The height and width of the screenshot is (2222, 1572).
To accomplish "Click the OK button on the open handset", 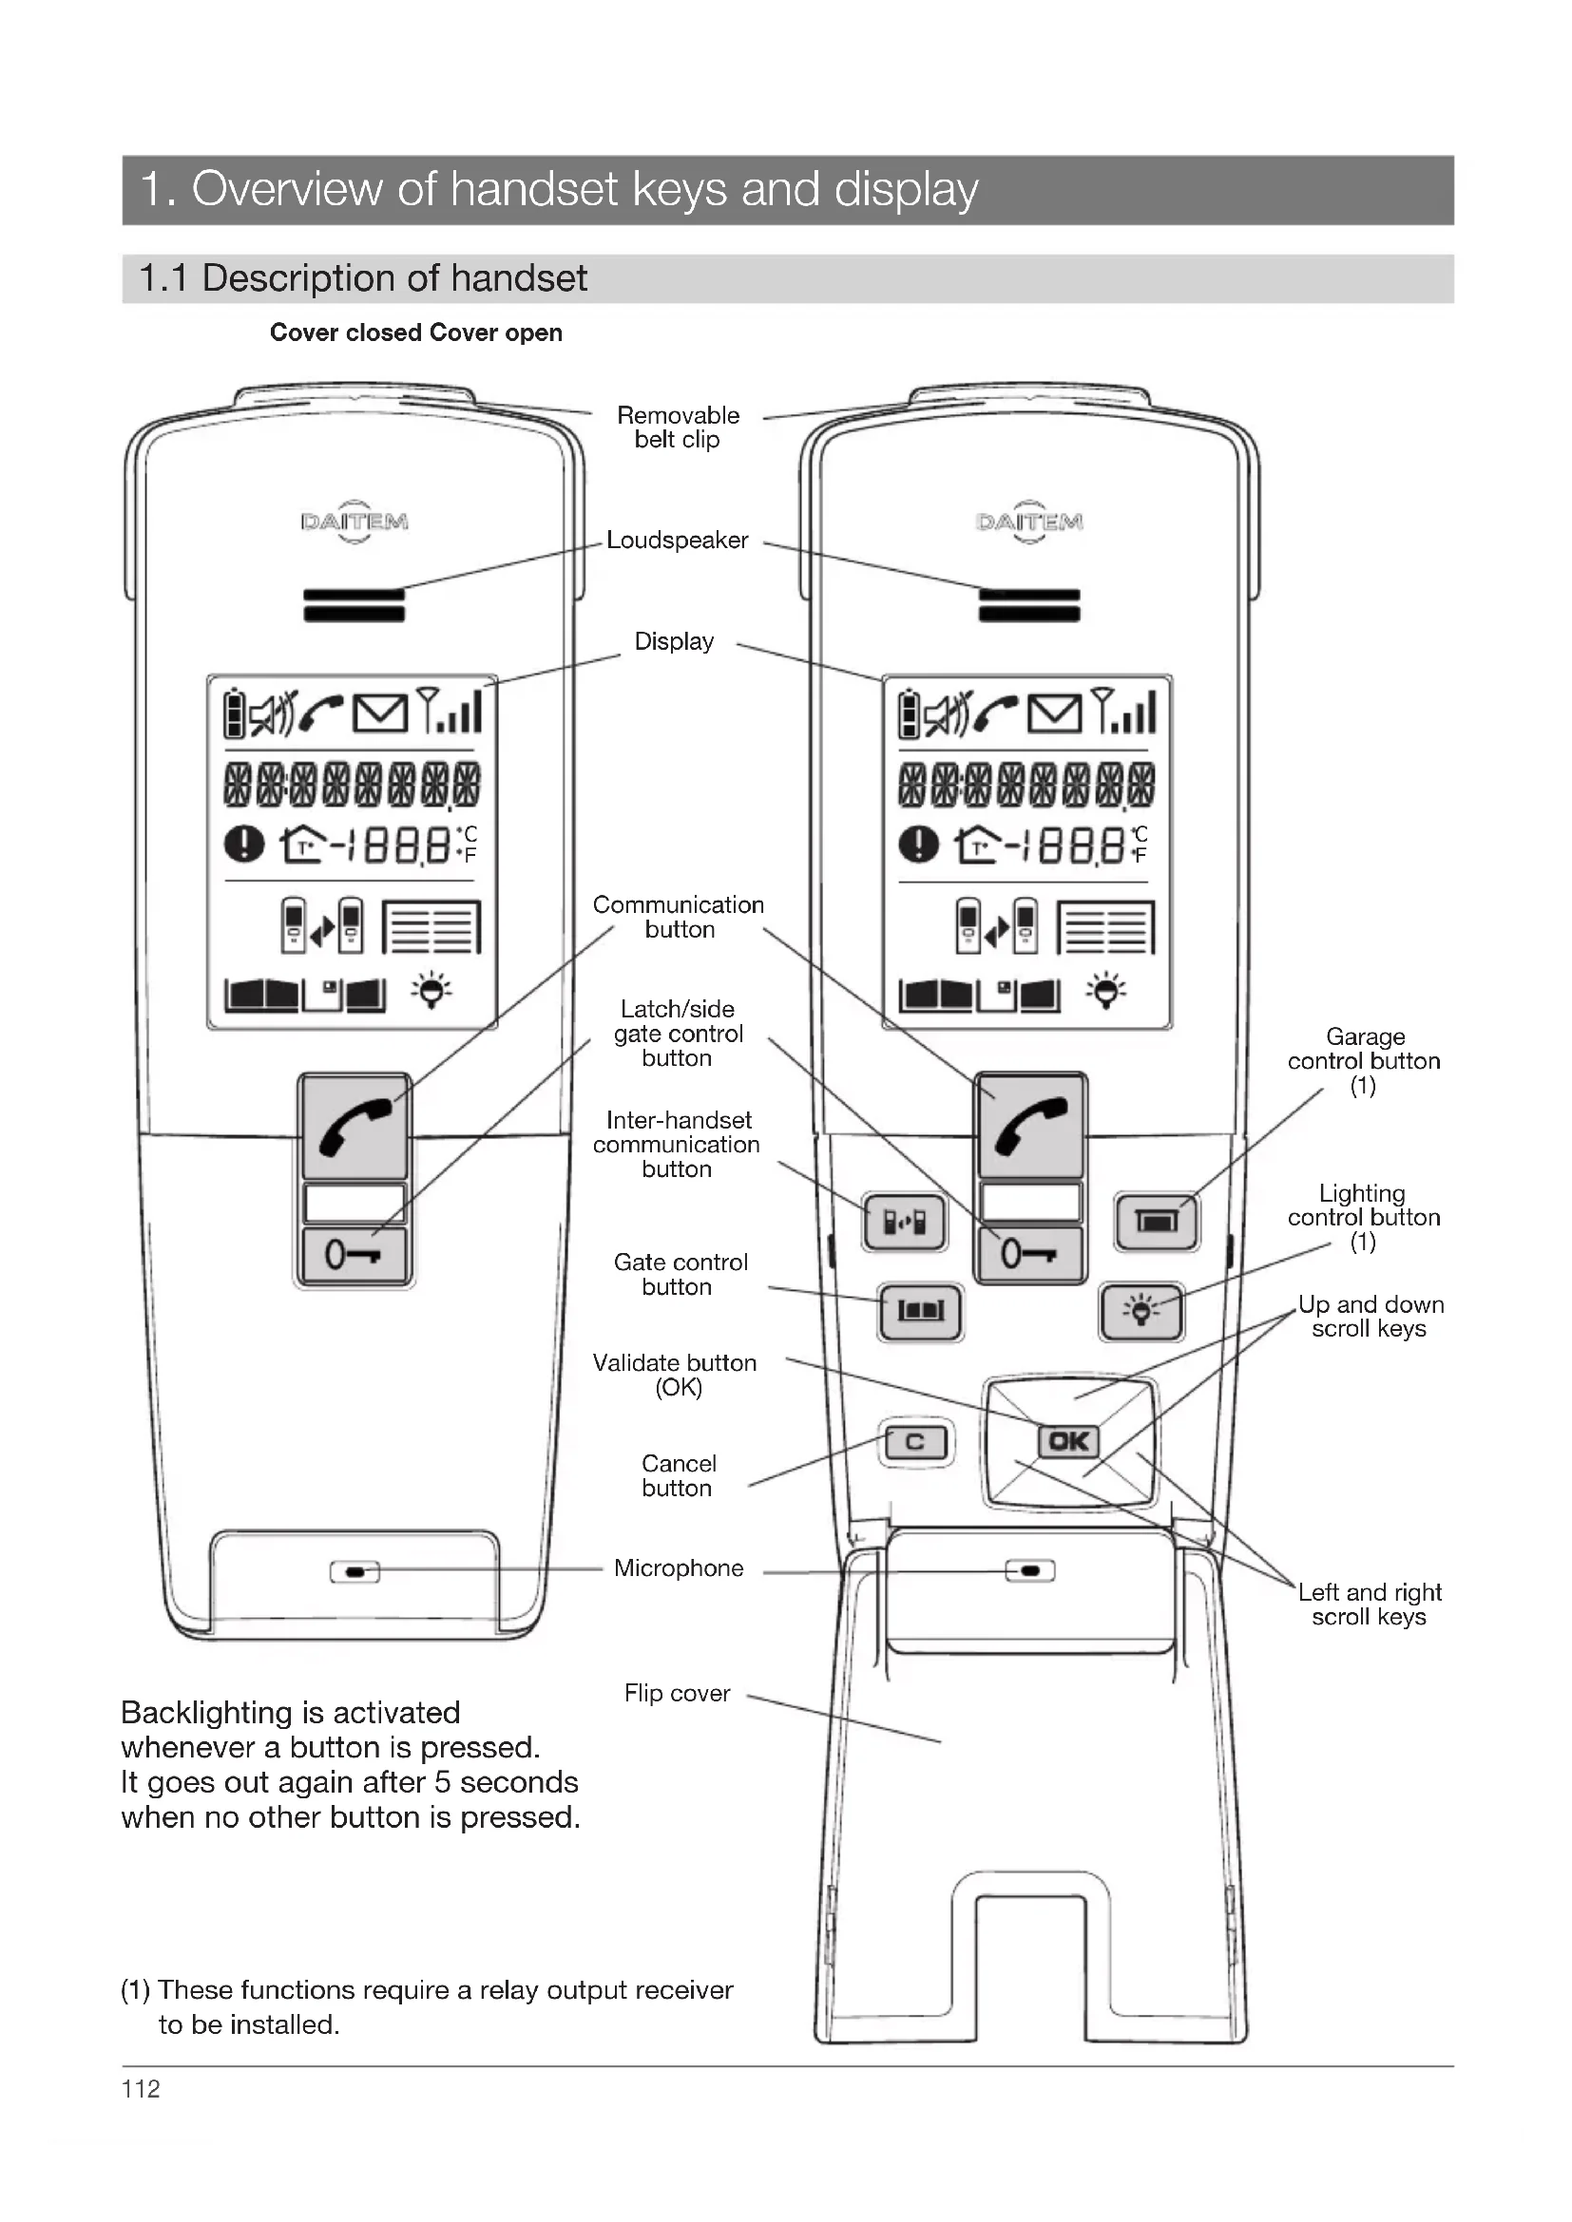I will (x=1067, y=1441).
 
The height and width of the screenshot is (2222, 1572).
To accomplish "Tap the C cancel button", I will (x=914, y=1442).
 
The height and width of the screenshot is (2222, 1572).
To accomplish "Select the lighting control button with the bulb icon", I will (x=1141, y=1311).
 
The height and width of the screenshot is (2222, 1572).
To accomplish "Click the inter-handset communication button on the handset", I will (x=904, y=1223).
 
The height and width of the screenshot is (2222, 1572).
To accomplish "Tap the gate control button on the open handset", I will (x=920, y=1311).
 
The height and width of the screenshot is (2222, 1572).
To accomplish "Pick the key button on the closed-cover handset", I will (x=355, y=1255).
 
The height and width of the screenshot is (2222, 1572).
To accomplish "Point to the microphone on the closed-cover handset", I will (x=355, y=1571).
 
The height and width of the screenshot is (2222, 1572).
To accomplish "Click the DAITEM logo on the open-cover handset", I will (x=1029, y=522).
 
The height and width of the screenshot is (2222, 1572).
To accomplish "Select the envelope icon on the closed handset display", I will (x=379, y=714).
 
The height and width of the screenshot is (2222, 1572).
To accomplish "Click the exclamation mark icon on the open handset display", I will (x=918, y=844).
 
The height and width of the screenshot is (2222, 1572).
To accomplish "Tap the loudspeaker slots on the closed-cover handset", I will (x=355, y=605).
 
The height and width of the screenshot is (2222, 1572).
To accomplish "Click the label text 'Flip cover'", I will (x=677, y=1694).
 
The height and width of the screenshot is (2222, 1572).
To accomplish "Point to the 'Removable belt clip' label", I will (x=678, y=427).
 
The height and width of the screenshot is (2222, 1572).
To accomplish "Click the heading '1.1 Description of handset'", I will (x=363, y=278).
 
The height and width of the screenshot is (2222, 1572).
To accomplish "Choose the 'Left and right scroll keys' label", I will (x=1369, y=1605).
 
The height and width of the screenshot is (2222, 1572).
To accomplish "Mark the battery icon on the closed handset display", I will (x=234, y=714).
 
